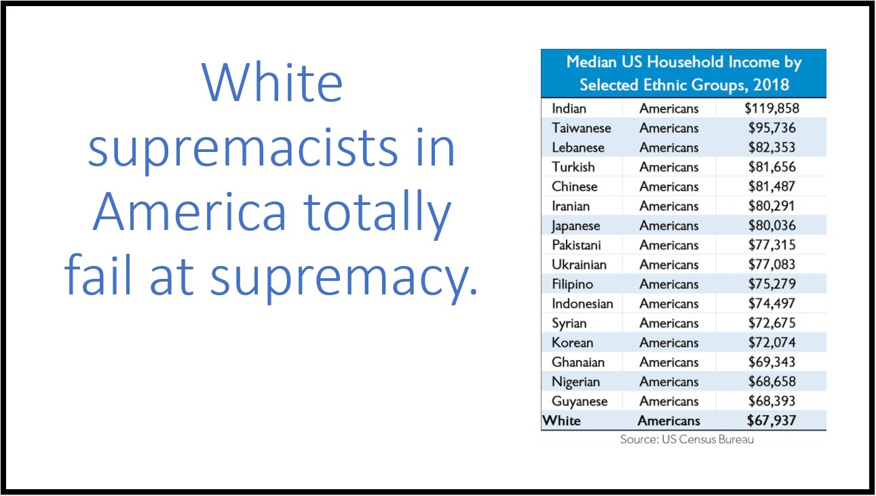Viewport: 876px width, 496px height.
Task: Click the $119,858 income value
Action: (x=772, y=109)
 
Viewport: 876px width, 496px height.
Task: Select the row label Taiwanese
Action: (x=581, y=128)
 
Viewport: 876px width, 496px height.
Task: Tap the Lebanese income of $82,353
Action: (x=772, y=147)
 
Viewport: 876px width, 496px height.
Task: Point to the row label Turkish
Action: (x=573, y=167)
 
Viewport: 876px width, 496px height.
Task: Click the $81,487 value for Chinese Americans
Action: (x=772, y=186)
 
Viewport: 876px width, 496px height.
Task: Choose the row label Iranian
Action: (x=571, y=206)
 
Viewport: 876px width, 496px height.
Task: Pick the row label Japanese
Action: (x=575, y=226)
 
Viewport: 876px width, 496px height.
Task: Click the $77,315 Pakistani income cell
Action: (x=772, y=245)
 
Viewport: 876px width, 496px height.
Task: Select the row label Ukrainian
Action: (x=579, y=265)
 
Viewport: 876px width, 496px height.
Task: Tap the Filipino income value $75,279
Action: (x=772, y=284)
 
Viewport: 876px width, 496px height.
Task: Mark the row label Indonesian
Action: (x=582, y=303)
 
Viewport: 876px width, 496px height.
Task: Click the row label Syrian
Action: (x=569, y=324)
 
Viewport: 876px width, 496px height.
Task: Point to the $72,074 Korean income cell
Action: (x=772, y=342)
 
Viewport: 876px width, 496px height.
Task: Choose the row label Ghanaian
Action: (x=578, y=362)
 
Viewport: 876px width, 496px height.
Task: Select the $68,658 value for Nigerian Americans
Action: (x=772, y=381)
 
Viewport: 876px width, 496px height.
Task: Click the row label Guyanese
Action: (x=579, y=402)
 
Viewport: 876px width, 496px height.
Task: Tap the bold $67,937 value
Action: (x=772, y=421)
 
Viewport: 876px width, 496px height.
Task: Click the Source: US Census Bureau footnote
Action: (x=687, y=439)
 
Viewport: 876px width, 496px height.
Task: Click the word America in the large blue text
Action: (x=190, y=212)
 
